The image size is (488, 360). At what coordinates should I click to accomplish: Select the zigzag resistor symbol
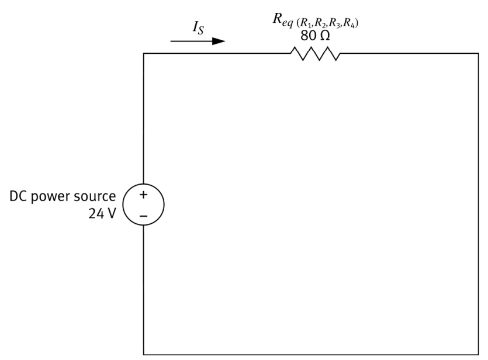[315, 54]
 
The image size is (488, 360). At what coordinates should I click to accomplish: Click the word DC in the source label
[18, 197]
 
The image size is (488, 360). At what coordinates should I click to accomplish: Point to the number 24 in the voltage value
[95, 213]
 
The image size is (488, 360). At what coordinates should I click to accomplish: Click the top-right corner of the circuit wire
[479, 54]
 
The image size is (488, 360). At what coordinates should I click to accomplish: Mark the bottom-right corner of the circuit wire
[479, 354]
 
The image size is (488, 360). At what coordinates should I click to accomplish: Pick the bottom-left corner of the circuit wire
[144, 354]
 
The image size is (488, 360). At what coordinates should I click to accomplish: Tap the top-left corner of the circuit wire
[144, 54]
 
